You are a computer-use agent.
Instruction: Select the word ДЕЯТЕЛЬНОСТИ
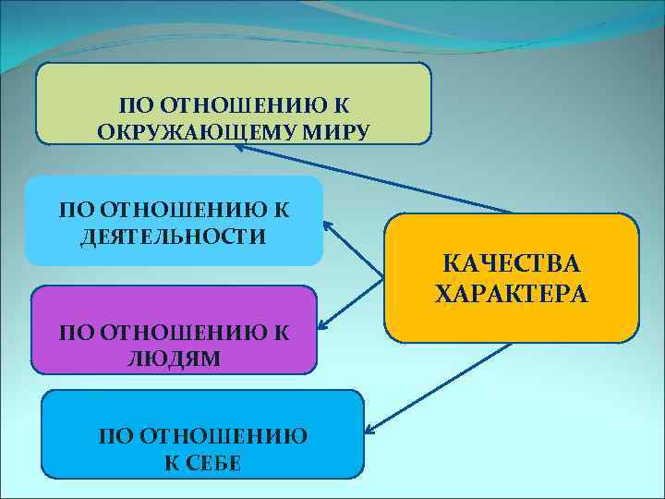(173, 237)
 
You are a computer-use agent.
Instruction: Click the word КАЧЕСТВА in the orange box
(512, 264)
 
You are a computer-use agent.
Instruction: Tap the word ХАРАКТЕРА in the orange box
(512, 295)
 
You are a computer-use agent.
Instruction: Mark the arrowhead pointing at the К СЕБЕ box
(369, 430)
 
